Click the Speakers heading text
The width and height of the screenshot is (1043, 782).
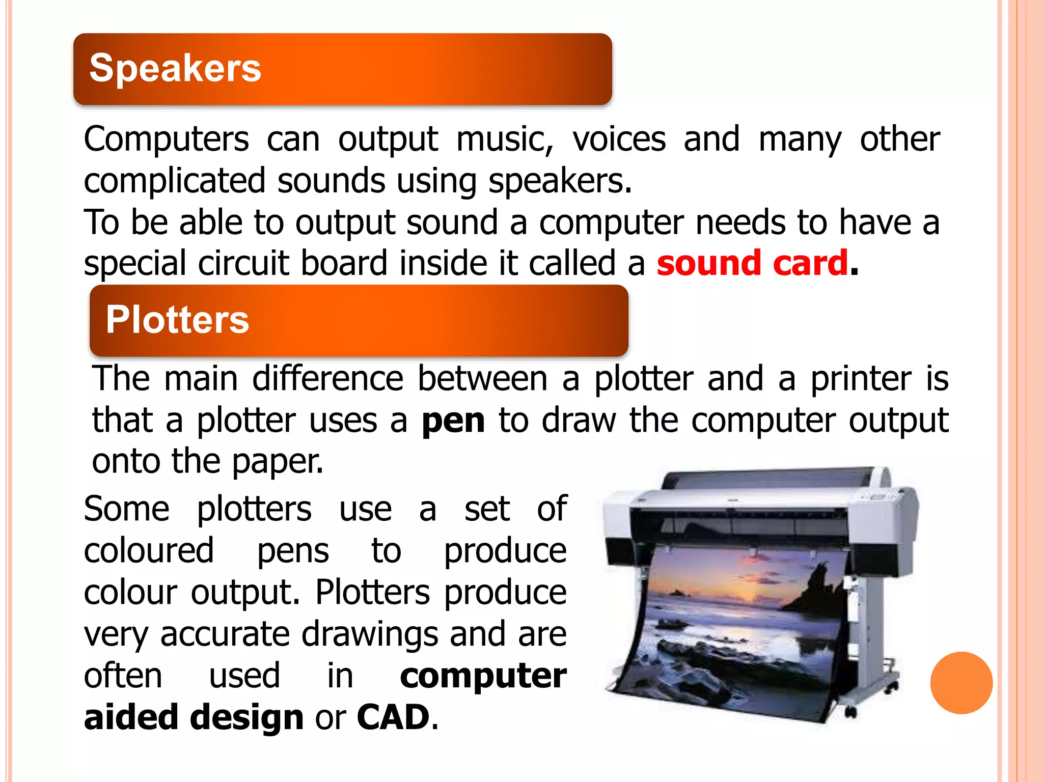175,68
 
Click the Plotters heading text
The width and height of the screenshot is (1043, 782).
177,320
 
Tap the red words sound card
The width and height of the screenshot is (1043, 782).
752,263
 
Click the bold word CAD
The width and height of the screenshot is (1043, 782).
393,717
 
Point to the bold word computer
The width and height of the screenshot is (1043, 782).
483,676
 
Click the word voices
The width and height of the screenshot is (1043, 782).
619,139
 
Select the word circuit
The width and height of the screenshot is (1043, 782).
243,263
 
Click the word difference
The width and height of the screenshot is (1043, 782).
327,379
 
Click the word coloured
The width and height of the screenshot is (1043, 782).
149,551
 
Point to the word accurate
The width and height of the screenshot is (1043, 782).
225,634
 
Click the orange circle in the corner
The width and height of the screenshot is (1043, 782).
961,683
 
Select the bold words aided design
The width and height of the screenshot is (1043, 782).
194,717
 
